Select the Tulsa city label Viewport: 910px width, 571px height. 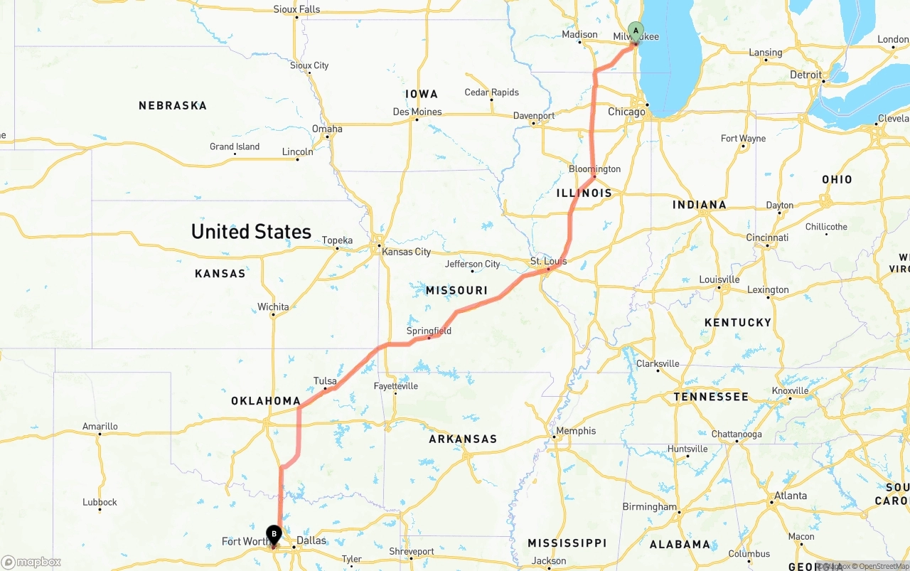point(325,381)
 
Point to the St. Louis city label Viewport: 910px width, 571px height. point(549,261)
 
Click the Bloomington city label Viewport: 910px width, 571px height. point(594,169)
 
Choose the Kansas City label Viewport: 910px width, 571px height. point(407,252)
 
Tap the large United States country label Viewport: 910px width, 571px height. point(251,232)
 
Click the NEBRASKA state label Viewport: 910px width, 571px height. point(173,105)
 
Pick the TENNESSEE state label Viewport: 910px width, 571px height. point(711,396)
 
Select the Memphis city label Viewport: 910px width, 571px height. point(577,430)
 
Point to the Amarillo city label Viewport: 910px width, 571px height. point(100,427)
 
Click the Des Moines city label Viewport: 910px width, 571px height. point(417,112)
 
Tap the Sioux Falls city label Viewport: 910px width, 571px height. point(296,9)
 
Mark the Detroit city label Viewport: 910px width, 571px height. point(806,75)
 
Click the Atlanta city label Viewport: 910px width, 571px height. point(791,496)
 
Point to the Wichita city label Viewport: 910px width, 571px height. point(273,307)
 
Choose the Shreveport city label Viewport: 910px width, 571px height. point(411,551)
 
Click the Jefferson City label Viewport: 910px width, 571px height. point(473,264)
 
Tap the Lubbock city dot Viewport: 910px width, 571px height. point(100,511)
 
